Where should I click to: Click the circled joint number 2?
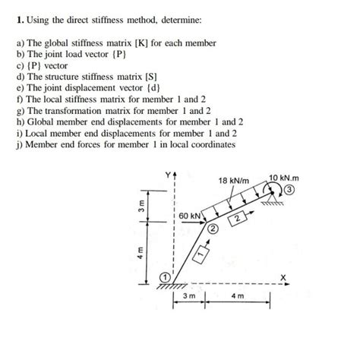[x=213, y=228]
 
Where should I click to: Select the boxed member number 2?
[x=238, y=219]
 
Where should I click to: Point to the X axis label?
[x=283, y=278]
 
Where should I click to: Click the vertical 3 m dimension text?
[x=134, y=204]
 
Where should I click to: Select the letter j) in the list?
[x=19, y=144]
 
